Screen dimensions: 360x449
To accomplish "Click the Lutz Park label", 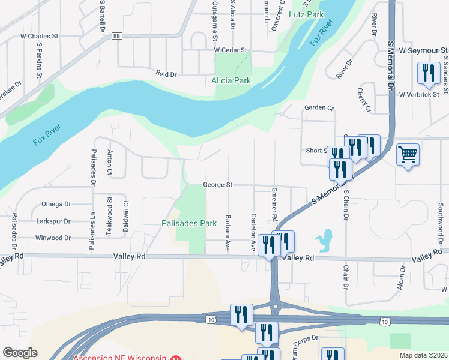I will click(306, 14).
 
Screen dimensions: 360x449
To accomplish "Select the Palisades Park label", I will click(188, 223).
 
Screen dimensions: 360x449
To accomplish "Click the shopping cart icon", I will click(408, 155).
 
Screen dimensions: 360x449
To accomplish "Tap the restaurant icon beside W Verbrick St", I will click(428, 74).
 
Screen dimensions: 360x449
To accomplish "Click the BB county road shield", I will click(116, 36).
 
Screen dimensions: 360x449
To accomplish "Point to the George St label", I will click(217, 185).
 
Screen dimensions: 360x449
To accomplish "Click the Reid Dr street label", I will click(166, 74).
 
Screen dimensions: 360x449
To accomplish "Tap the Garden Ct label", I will click(318, 108).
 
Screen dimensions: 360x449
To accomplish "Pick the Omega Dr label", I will click(56, 204).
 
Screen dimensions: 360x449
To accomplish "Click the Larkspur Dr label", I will click(53, 221).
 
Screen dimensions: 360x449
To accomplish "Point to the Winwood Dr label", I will click(53, 238).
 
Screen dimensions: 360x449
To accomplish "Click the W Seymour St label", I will click(420, 50).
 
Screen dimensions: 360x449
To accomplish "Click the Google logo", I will click(20, 353).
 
